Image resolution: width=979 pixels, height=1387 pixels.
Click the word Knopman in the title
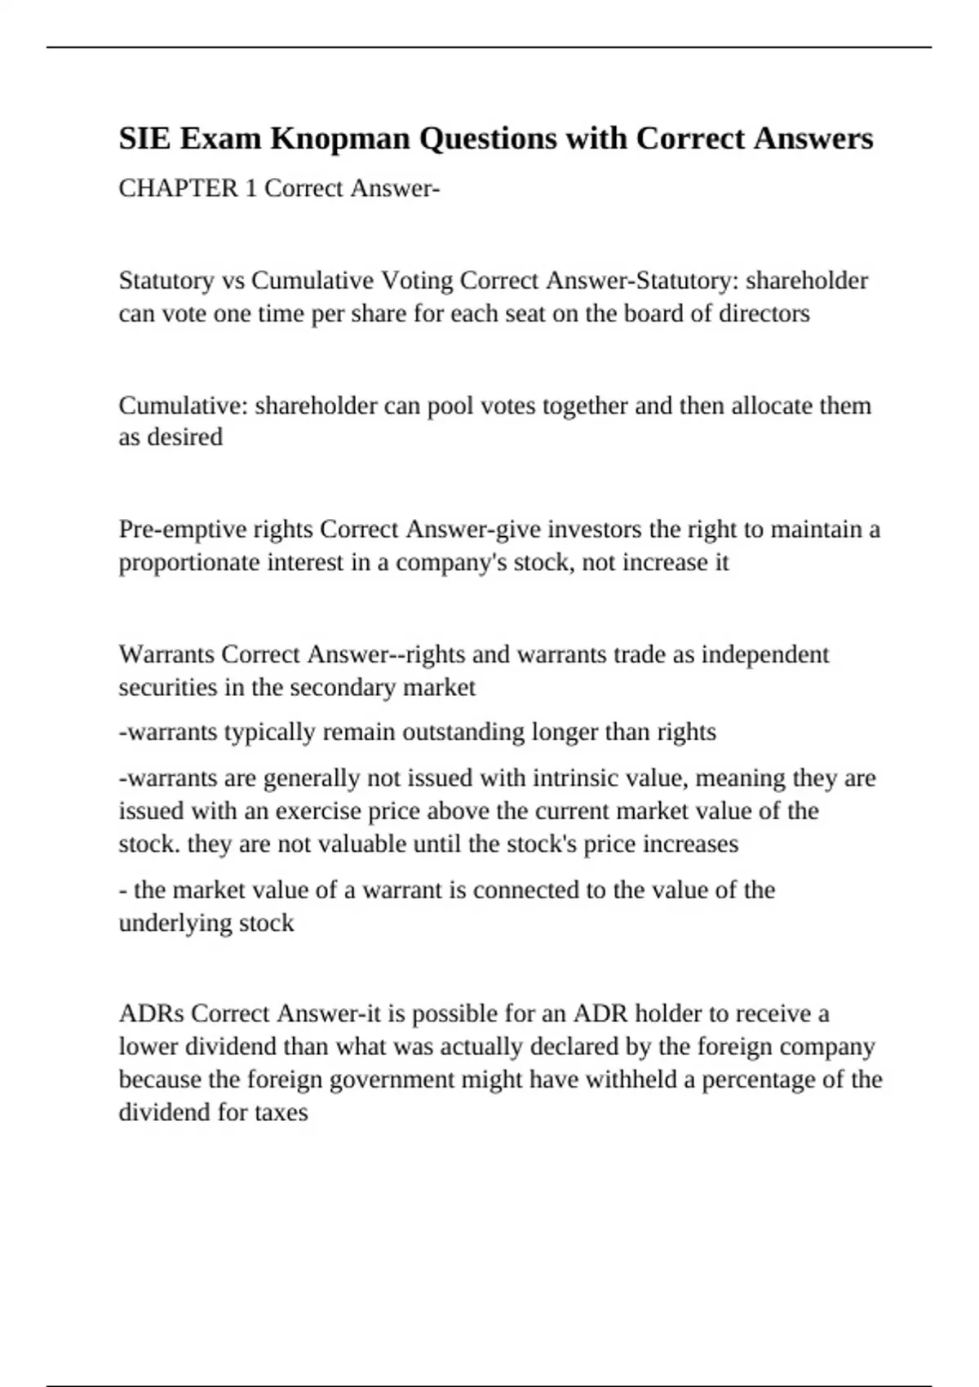(x=340, y=139)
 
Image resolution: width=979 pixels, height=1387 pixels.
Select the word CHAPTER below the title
(x=178, y=188)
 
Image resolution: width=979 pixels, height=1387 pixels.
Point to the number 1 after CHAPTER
(x=252, y=188)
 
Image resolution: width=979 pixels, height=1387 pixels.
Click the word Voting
(x=417, y=281)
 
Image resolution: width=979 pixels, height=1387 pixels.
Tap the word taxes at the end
(x=281, y=1113)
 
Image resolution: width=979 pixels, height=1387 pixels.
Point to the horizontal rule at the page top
(x=489, y=47)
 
